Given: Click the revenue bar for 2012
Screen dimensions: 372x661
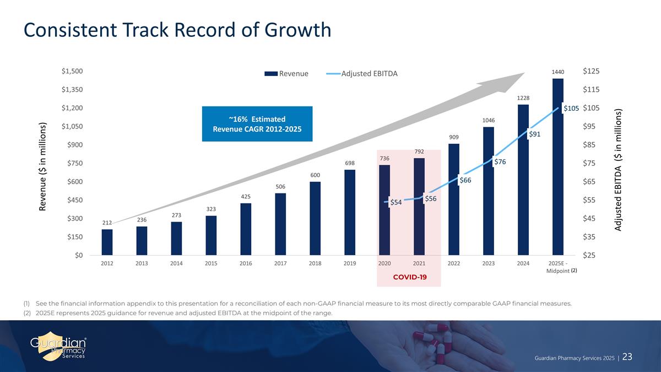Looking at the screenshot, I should (107, 242).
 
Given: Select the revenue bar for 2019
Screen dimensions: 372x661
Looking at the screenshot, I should (349, 212).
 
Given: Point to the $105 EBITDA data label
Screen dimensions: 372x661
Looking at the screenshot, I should (571, 109).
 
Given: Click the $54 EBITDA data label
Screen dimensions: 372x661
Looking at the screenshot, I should (395, 203).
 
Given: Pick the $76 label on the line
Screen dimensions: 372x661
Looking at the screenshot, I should (500, 162).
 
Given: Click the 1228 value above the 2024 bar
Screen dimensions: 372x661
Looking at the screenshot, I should (523, 98).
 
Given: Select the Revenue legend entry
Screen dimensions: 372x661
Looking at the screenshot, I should (286, 74).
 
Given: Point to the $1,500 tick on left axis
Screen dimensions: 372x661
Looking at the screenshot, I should (72, 71).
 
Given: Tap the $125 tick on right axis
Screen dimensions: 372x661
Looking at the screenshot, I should (591, 71).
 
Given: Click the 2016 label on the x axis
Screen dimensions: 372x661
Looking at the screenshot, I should (246, 263).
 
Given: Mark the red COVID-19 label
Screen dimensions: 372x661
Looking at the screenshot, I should (409, 276).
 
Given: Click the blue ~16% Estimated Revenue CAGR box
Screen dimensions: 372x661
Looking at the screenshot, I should (257, 124).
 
